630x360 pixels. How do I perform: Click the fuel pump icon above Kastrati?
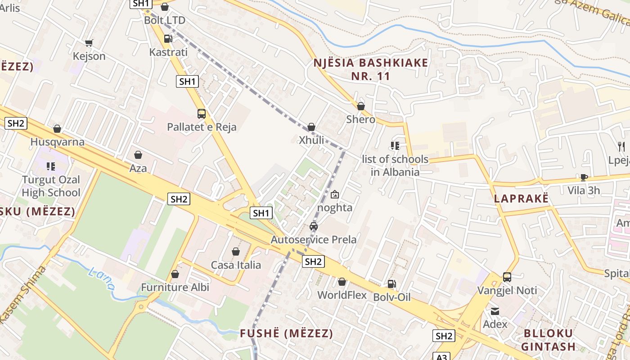pos(168,39)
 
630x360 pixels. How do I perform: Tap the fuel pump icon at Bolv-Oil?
pos(391,283)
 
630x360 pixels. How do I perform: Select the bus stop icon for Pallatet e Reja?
pos(201,113)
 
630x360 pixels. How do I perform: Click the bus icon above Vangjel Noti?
pos(507,277)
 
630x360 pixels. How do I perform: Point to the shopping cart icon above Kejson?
pos(89,43)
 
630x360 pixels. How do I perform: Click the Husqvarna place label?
pos(57,142)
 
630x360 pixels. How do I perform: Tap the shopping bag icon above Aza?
pos(138,155)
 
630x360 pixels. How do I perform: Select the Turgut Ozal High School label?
pos(51,186)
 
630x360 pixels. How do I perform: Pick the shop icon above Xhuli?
pos(311,127)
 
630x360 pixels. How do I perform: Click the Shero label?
pos(360,119)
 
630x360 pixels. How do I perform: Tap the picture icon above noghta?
pos(334,194)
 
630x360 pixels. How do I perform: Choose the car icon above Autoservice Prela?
pos(313,226)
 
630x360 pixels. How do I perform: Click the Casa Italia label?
pos(236,265)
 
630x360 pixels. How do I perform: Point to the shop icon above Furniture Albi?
pos(175,274)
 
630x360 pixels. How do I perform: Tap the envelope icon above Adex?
pos(495,311)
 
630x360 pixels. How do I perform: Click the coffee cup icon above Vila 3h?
pos(584,177)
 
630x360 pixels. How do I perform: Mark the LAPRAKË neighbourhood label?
pos(521,198)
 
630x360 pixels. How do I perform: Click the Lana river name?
pos(101,279)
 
